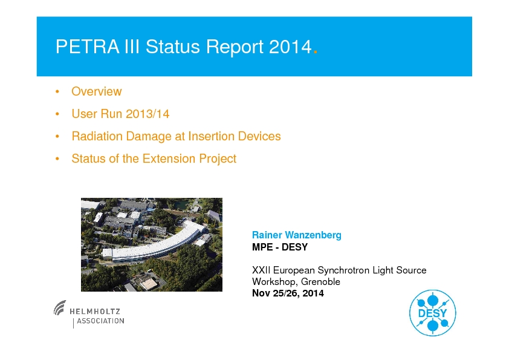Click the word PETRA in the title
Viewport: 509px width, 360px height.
point(88,47)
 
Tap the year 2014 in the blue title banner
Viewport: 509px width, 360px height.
point(290,47)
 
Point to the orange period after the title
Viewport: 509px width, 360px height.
point(315,52)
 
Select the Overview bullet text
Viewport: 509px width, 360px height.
point(96,91)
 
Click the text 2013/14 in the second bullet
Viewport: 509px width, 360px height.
point(148,114)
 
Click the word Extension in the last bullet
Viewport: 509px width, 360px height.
point(169,159)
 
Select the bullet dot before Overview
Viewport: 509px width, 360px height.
point(57,91)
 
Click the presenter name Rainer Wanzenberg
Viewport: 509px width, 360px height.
point(297,235)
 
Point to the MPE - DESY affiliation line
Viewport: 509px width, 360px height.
point(280,247)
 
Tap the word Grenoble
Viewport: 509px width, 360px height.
point(320,281)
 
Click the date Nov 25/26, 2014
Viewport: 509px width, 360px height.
point(288,293)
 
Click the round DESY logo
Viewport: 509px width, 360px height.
point(432,313)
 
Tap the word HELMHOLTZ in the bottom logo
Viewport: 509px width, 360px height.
point(95,311)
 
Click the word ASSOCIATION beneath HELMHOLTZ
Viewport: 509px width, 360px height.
point(100,321)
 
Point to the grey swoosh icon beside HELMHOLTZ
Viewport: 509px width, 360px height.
point(60,307)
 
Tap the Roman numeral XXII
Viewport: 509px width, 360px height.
point(261,270)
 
